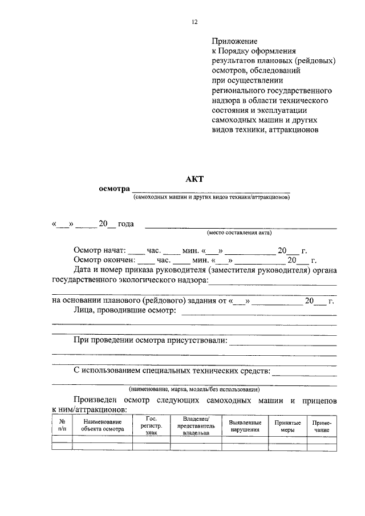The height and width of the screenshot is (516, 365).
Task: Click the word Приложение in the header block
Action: click(x=234, y=42)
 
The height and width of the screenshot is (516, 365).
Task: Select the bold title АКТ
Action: click(x=194, y=178)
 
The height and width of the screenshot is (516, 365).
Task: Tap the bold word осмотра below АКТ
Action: click(x=113, y=189)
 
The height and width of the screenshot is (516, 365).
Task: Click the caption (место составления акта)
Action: click(x=239, y=233)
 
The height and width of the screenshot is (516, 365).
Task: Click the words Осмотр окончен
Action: click(x=104, y=261)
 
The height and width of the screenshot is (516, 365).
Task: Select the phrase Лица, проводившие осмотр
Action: click(x=123, y=311)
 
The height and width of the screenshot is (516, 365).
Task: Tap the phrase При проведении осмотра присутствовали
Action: click(x=150, y=340)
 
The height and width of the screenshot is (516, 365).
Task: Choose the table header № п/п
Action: click(x=62, y=425)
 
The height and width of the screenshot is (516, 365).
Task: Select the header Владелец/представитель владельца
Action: click(x=196, y=425)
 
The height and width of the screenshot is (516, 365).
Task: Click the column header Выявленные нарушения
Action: click(x=245, y=425)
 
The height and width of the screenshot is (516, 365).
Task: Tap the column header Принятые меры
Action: click(x=287, y=425)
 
